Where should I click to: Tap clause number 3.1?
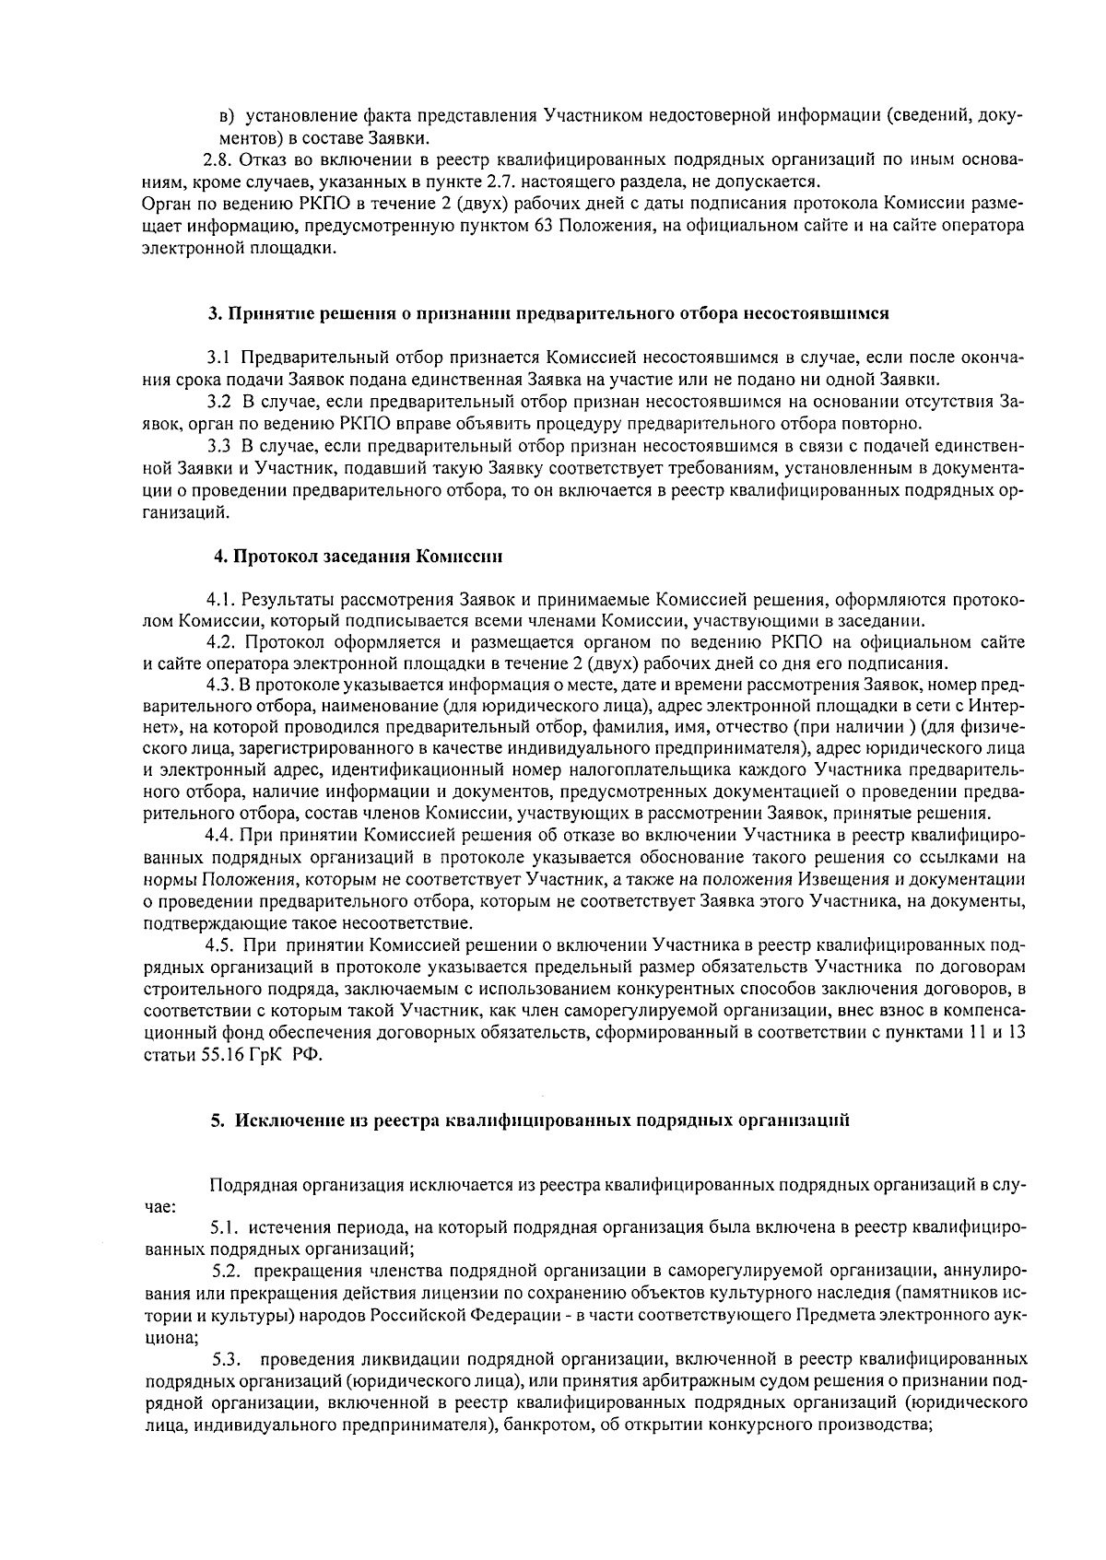tap(218, 357)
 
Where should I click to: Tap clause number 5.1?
tap(225, 1228)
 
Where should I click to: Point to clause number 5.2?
tap(227, 1273)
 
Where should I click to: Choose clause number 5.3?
tap(227, 1359)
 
